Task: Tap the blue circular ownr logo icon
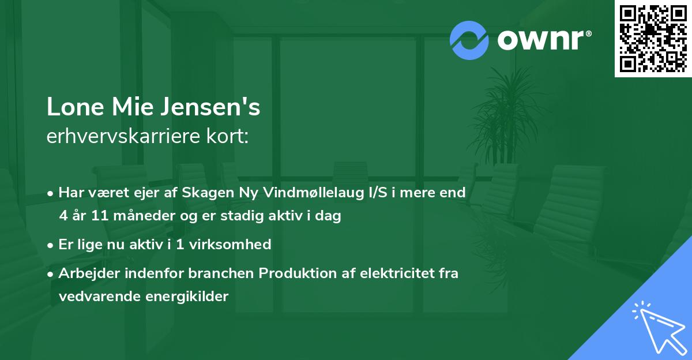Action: point(469,40)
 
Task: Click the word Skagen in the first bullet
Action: point(202,193)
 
